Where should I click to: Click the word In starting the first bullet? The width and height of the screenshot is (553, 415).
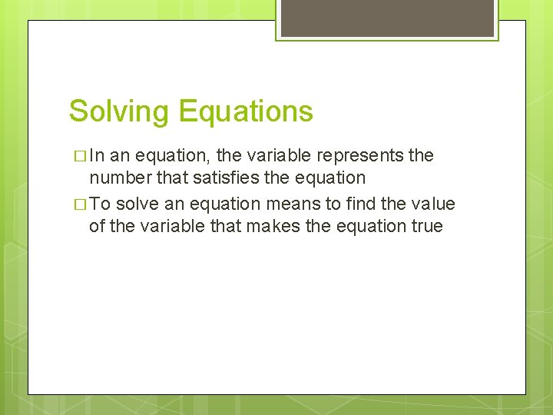coord(98,155)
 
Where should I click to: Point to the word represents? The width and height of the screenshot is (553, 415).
coord(363,155)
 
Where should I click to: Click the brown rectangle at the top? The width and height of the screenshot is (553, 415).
coord(387,18)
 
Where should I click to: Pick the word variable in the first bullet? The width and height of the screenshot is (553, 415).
coord(273,155)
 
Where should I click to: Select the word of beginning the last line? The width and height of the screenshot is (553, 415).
coord(97,226)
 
